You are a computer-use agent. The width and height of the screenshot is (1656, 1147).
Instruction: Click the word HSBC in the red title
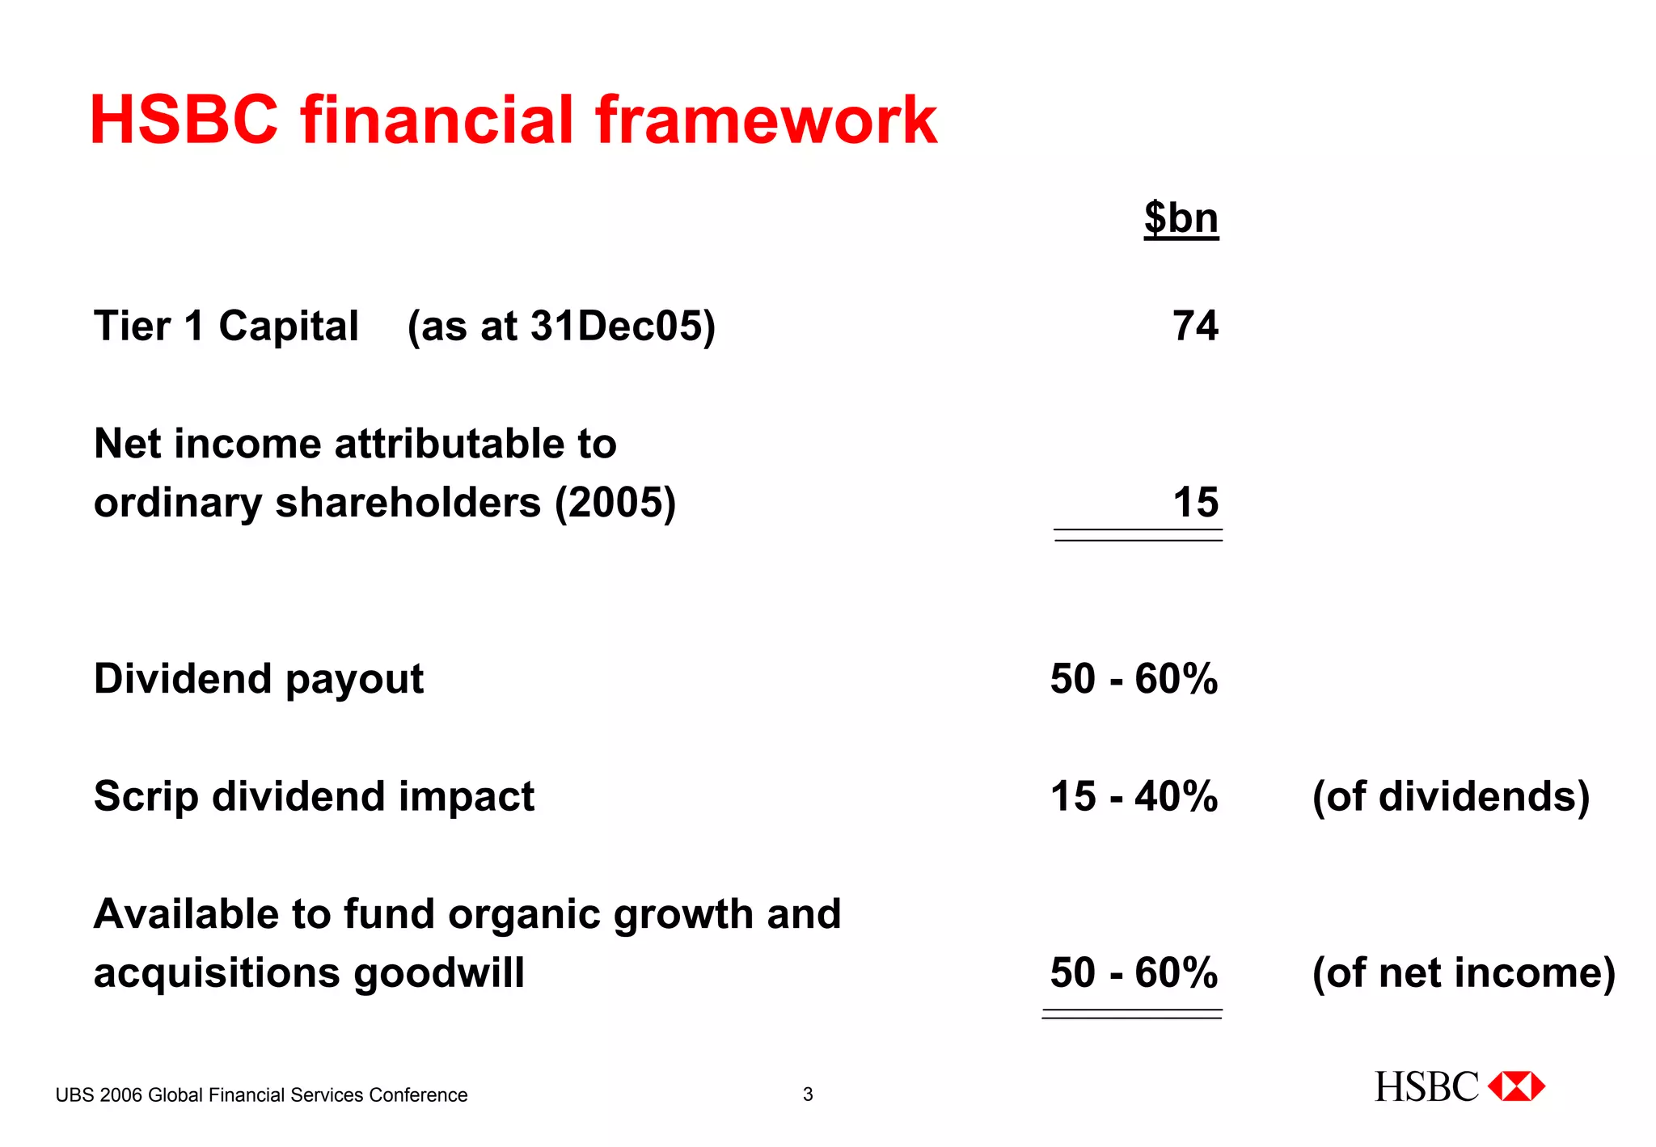tap(184, 120)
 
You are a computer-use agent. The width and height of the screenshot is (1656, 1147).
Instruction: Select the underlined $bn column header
tap(1181, 218)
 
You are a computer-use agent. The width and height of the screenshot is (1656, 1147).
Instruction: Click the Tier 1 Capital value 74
tap(1195, 326)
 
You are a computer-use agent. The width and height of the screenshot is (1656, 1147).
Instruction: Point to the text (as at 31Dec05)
tap(561, 327)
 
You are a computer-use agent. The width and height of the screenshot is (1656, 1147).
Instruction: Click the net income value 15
tap(1195, 502)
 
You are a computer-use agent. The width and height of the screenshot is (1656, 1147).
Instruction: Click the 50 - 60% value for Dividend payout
tap(1134, 678)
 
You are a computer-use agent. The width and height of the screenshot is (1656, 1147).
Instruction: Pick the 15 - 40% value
tap(1134, 796)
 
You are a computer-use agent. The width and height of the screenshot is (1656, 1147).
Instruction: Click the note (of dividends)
tap(1451, 796)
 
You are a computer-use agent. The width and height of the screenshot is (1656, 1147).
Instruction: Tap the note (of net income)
tap(1464, 972)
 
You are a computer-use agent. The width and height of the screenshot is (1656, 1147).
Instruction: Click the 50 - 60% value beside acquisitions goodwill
tap(1134, 972)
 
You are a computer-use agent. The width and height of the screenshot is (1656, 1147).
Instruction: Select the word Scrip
tap(146, 797)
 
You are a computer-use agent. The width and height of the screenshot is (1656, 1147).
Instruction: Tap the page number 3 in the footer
tap(807, 1094)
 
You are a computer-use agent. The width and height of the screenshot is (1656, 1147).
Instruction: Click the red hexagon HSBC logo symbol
tap(1516, 1086)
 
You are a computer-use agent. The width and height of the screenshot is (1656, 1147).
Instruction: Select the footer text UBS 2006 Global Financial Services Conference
tap(261, 1095)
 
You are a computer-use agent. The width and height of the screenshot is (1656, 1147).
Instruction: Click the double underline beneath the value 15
tap(1138, 534)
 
